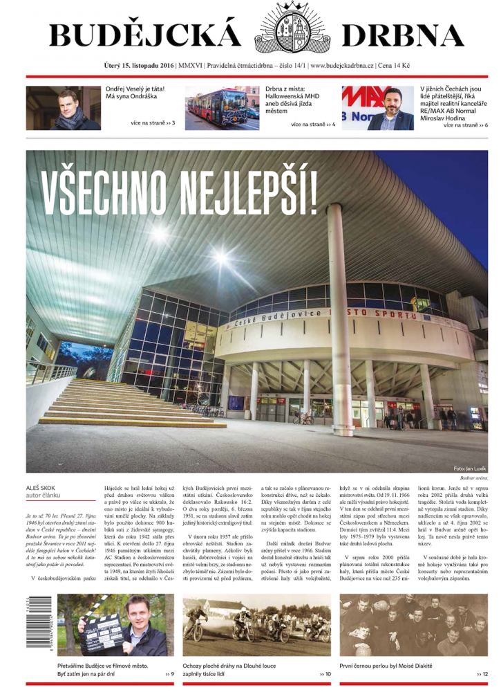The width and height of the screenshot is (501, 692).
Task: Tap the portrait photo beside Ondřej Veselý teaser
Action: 64,108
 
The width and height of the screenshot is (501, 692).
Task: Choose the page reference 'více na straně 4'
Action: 313,124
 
